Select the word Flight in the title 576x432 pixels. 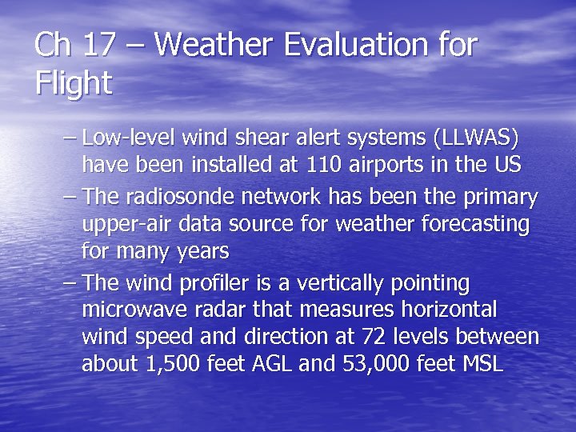73,82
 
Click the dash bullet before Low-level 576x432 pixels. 70,138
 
